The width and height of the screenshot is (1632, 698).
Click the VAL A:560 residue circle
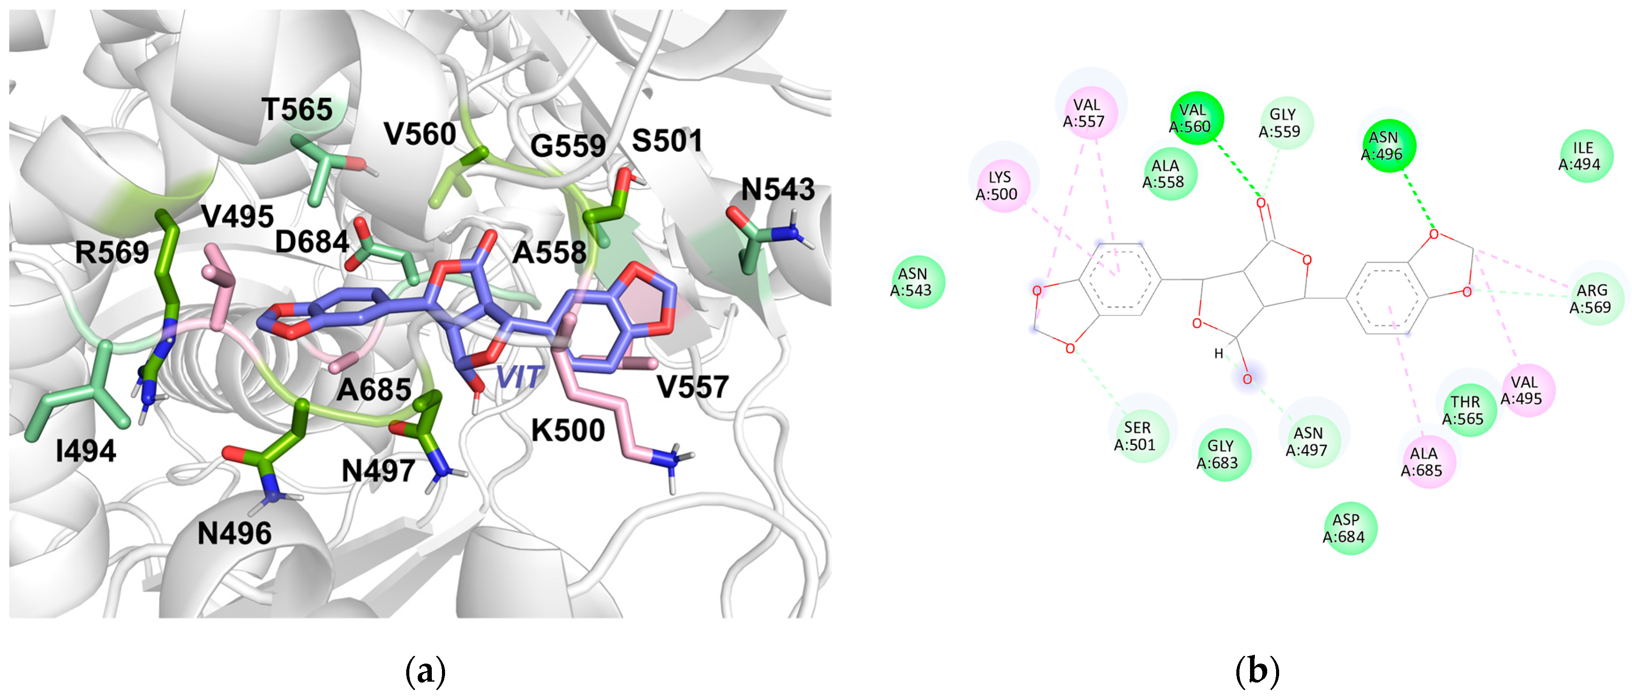click(x=1197, y=119)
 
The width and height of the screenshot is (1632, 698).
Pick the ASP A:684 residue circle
click(x=1350, y=528)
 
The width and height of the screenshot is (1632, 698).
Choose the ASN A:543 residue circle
click(x=917, y=282)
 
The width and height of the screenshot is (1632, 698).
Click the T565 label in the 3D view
click(x=297, y=110)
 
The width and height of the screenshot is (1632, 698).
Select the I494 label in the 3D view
click(x=86, y=451)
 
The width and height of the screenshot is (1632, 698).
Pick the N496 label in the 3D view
click(x=234, y=534)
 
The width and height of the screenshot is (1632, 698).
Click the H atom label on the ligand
click(x=1218, y=354)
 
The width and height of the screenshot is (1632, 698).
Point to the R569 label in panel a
click(x=112, y=252)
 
